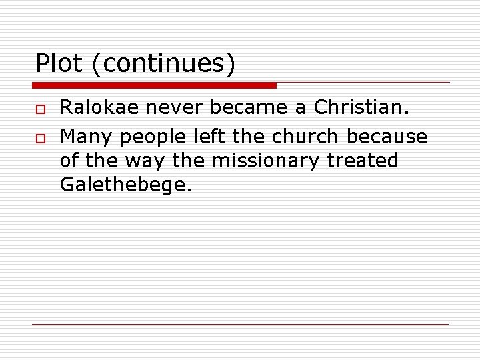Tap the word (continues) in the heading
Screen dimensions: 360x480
[x=164, y=64]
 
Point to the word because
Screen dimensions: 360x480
[x=387, y=137]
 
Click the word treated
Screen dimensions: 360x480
[x=363, y=161]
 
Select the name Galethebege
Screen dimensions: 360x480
[x=126, y=185]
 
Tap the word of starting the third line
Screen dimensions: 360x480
[x=69, y=161]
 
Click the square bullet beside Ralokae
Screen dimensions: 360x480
[x=39, y=107]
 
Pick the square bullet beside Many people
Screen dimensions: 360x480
[x=39, y=137]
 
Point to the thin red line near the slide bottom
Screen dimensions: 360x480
[x=240, y=324]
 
